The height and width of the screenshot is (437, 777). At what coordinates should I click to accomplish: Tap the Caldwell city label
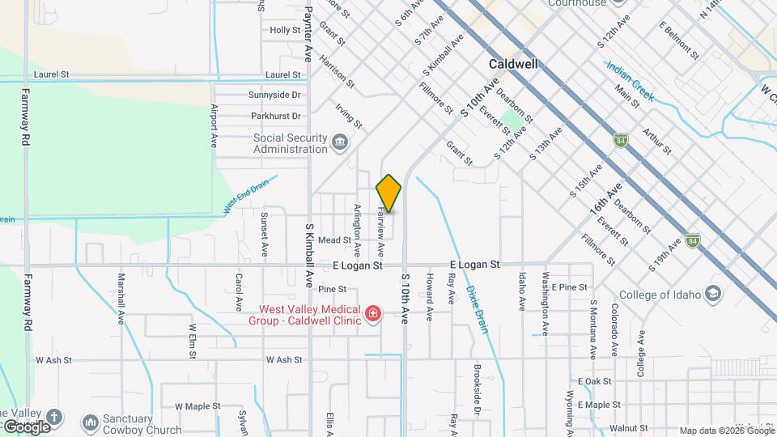[x=514, y=63]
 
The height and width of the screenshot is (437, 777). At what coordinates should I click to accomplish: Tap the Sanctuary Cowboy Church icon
[x=91, y=423]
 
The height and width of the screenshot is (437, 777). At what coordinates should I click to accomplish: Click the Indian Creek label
[x=630, y=81]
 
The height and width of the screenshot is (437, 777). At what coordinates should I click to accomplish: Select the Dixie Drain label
[x=477, y=309]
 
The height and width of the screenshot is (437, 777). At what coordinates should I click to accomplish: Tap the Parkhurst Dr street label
[x=274, y=117]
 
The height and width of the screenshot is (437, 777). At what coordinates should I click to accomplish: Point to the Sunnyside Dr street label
[x=274, y=95]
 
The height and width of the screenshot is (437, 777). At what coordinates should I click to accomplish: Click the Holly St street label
[x=285, y=30]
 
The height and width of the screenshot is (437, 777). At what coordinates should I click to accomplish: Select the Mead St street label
[x=334, y=240]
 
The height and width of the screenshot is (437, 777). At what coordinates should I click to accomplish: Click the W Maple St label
[x=197, y=406]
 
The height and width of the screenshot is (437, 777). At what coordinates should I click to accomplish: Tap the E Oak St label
[x=594, y=381]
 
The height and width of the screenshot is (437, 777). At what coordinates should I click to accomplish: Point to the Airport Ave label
[x=214, y=125]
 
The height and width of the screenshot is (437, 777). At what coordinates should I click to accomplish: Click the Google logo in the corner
[x=26, y=426]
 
